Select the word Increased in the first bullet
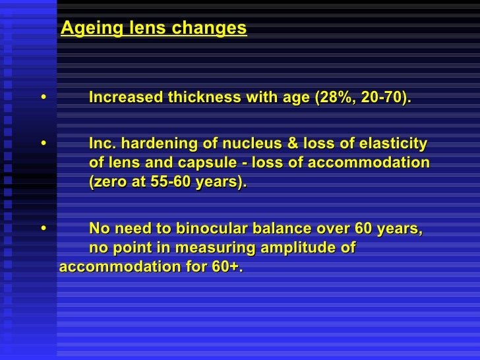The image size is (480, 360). click(x=126, y=98)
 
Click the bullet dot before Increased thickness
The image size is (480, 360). click(x=44, y=98)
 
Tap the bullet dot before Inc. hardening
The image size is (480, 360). click(x=44, y=144)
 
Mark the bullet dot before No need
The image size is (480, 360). click(x=44, y=229)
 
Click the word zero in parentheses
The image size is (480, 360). click(x=111, y=183)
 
